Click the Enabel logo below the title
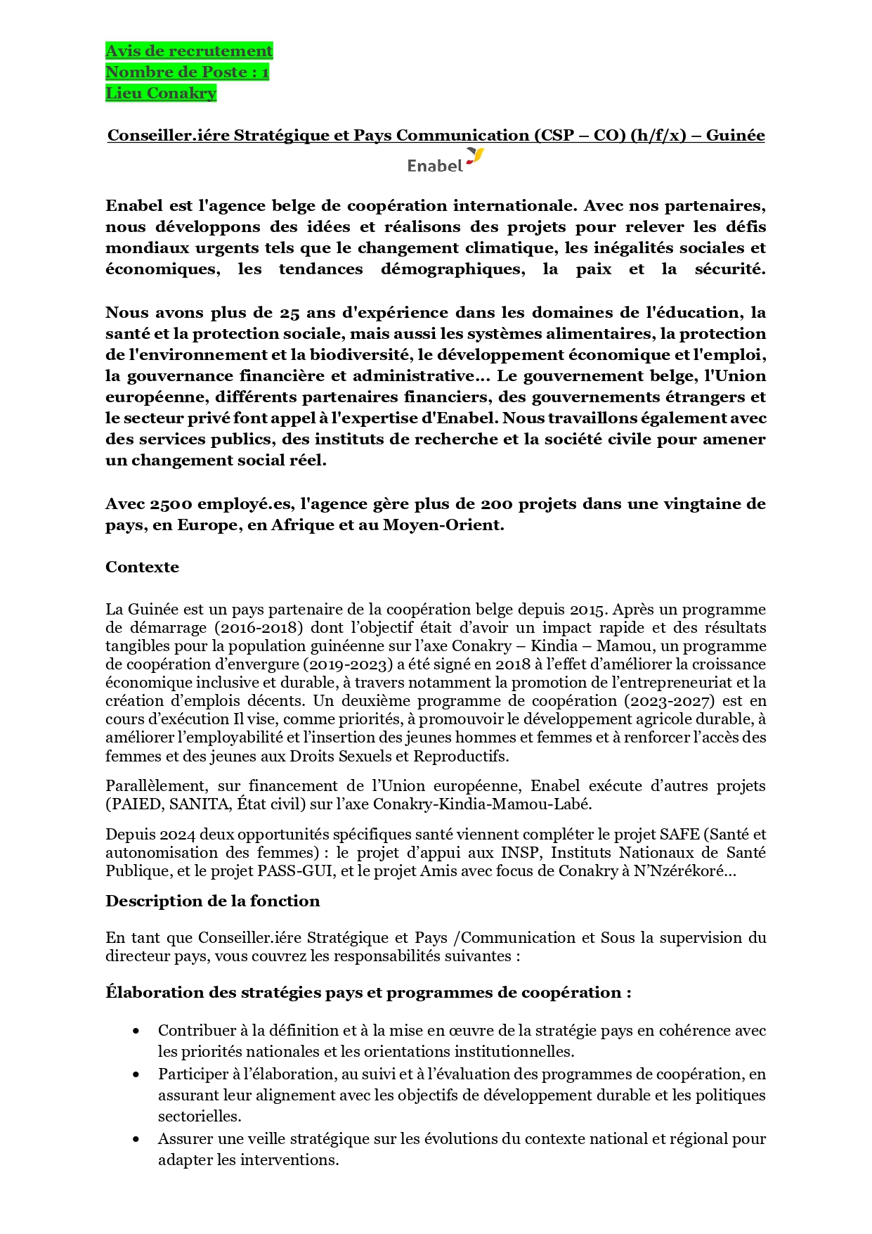(x=445, y=162)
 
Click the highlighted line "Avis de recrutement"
(x=189, y=51)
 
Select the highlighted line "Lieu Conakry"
(x=161, y=94)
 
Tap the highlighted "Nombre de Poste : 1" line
(x=187, y=72)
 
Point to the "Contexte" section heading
(x=142, y=567)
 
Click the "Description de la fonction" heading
(x=212, y=901)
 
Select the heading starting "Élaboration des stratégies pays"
(x=368, y=993)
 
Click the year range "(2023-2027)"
(x=665, y=701)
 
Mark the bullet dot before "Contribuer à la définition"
(x=136, y=1031)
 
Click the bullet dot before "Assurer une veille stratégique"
(x=136, y=1140)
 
